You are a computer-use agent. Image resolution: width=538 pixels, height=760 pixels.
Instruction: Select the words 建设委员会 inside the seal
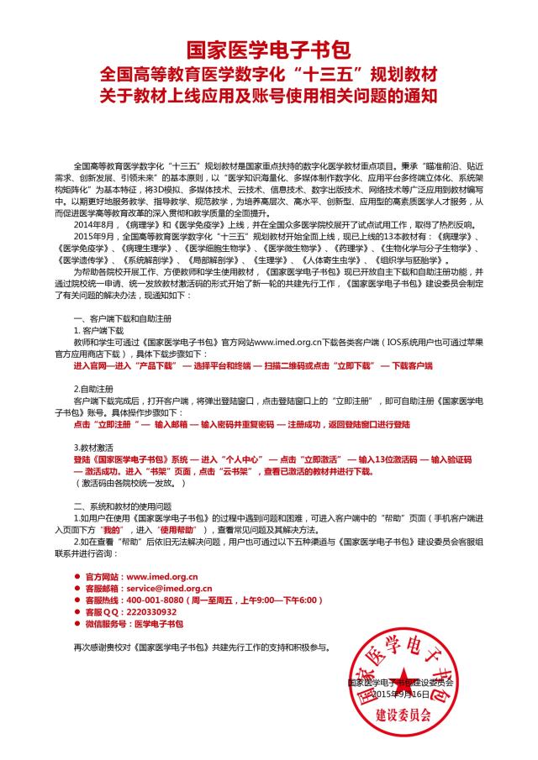coord(402,719)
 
